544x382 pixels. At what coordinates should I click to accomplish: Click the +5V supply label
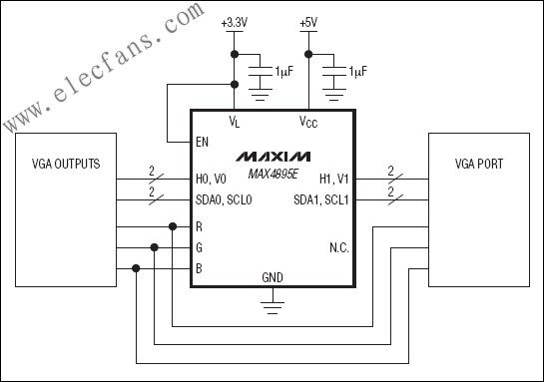[309, 21]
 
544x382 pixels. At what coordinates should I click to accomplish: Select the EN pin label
[203, 142]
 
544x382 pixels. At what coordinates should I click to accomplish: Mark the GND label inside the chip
[272, 277]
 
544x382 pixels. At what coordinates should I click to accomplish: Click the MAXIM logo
[272, 158]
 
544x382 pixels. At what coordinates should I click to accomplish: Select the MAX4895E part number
[272, 173]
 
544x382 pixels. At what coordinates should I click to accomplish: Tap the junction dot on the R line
[173, 226]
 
